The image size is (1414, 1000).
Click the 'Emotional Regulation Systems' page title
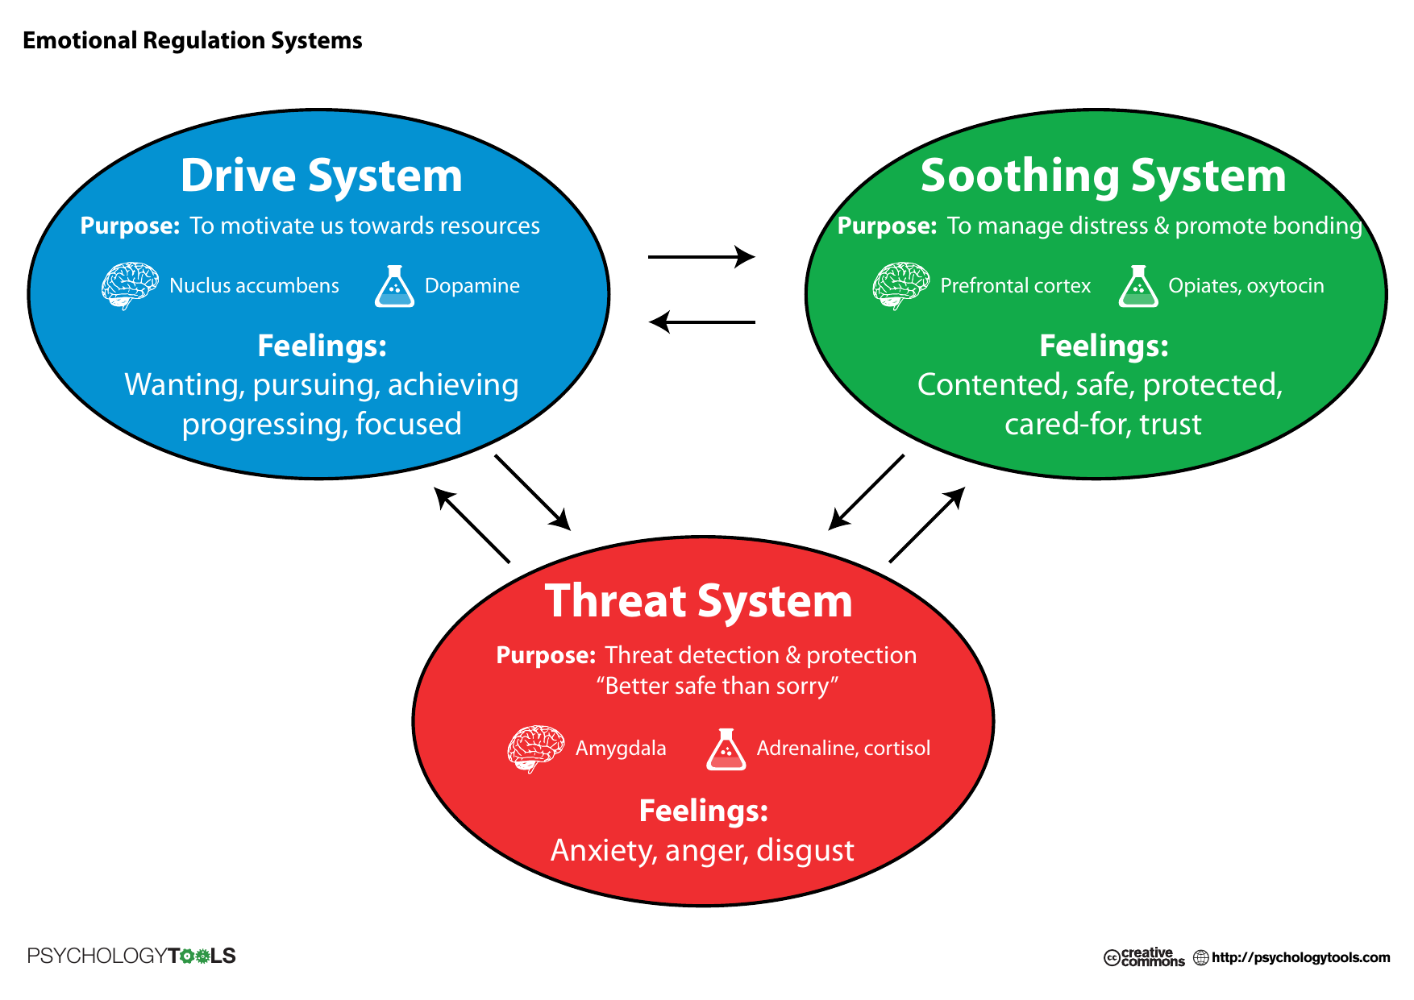pos(193,41)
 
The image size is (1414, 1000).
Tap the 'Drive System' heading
pos(321,176)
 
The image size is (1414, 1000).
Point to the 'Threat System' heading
pos(698,601)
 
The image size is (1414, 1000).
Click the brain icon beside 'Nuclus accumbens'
pos(130,285)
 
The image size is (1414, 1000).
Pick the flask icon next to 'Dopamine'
pos(394,286)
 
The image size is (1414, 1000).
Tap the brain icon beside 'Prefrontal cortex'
pos(900,285)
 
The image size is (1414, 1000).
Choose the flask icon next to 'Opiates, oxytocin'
pos(1138,286)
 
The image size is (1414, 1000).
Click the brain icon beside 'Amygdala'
pos(536,749)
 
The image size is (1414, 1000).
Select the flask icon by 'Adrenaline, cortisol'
pos(726,749)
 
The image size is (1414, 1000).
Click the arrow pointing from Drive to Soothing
pos(701,257)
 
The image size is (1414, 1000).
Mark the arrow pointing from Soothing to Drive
pos(701,322)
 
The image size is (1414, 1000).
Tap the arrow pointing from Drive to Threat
pos(533,492)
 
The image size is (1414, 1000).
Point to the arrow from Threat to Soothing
pos(927,525)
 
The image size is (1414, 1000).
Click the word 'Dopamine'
pos(472,286)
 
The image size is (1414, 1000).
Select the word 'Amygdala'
pos(621,749)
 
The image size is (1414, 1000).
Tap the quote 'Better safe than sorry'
pos(717,686)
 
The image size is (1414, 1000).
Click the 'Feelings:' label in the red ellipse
pos(704,811)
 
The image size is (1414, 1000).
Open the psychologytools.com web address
pos(1300,957)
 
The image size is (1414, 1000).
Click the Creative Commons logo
pos(1144,956)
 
